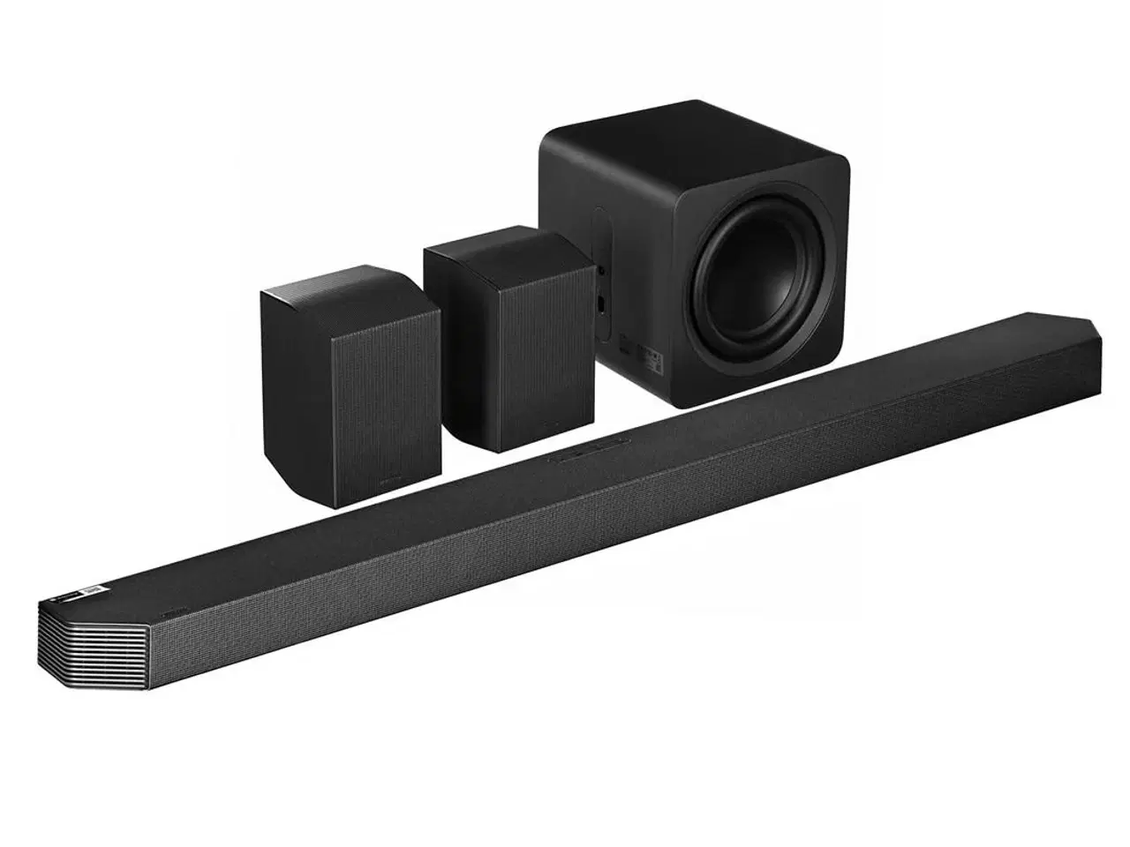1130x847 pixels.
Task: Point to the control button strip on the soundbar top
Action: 582,455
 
